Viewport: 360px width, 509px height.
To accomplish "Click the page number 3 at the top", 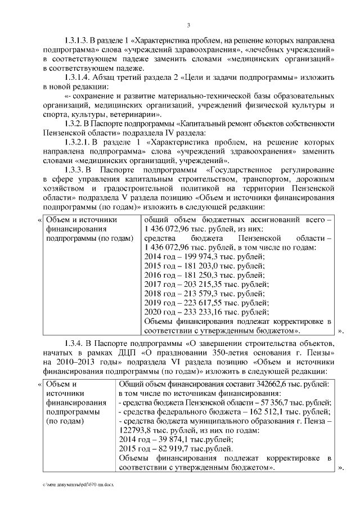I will coord(188,24).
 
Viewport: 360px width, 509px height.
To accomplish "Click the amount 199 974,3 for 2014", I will coord(201,257).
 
